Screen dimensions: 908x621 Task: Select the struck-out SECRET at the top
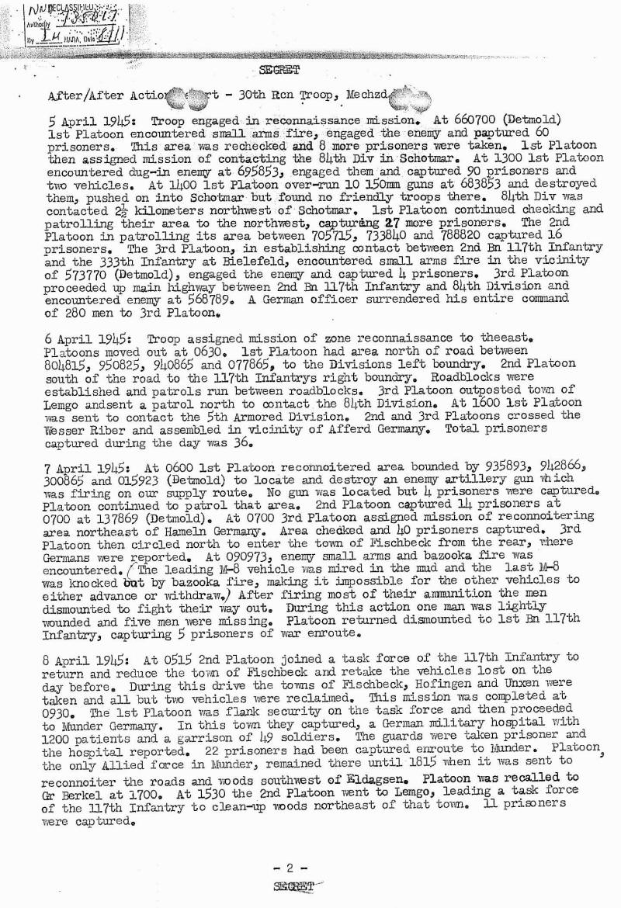click(x=280, y=72)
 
